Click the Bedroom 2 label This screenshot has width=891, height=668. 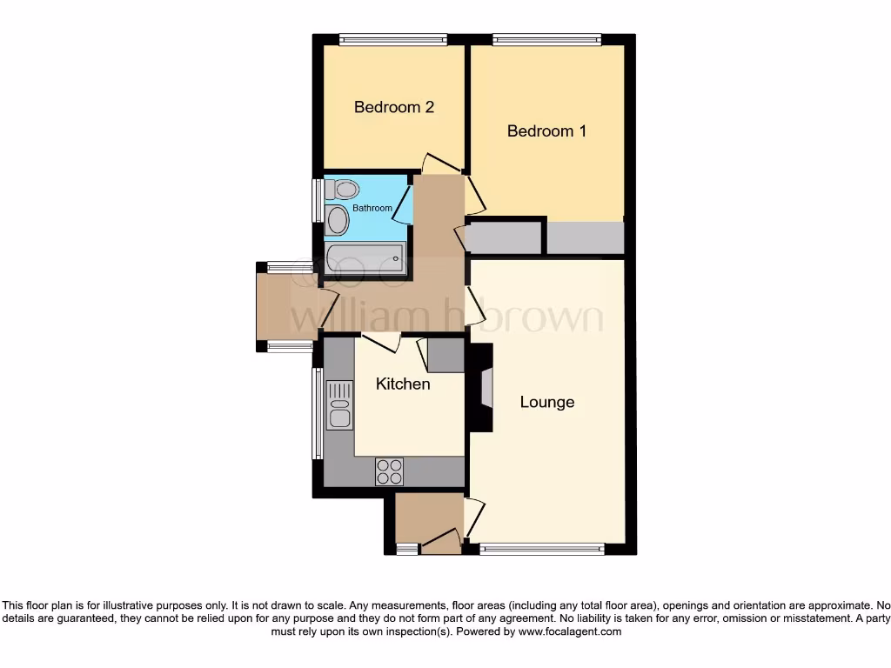393,108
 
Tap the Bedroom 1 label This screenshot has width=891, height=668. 546,131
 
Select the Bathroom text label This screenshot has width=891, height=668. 372,209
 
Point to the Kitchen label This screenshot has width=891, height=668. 403,384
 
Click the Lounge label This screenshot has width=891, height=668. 547,402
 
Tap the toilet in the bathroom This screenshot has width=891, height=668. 343,189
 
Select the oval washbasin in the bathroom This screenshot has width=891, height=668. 338,220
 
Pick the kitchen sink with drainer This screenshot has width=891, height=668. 339,405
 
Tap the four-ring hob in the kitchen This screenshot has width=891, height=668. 389,471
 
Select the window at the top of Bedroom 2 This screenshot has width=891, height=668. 392,38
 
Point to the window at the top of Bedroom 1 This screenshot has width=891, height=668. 546,38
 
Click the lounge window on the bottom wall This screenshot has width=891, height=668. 541,549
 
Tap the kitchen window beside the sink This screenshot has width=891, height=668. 318,413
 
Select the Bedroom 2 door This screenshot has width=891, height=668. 442,164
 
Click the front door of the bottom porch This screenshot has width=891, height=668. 442,543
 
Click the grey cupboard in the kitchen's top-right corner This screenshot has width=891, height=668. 445,354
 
